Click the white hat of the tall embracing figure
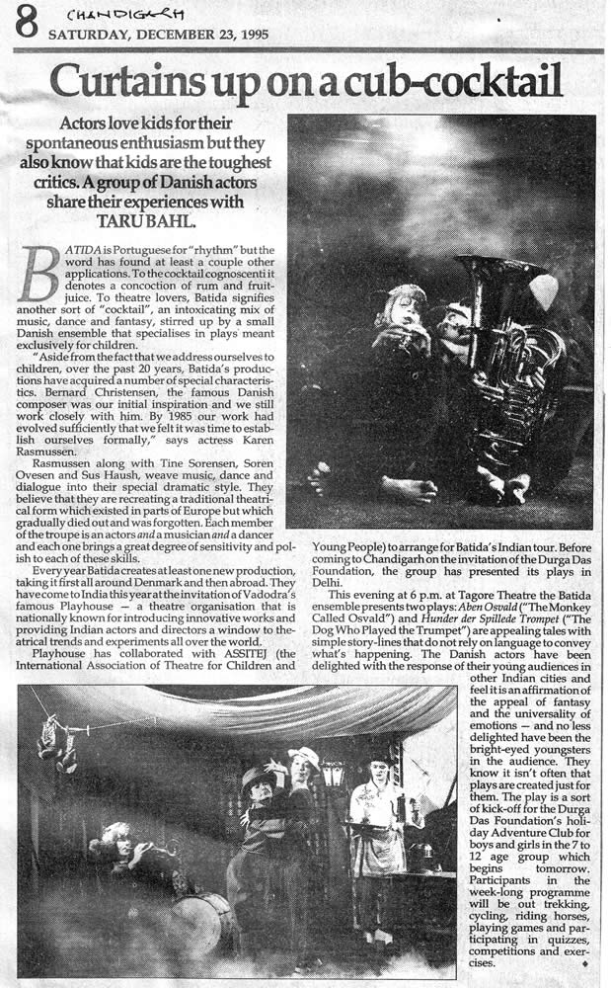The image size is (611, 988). click(x=306, y=757)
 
